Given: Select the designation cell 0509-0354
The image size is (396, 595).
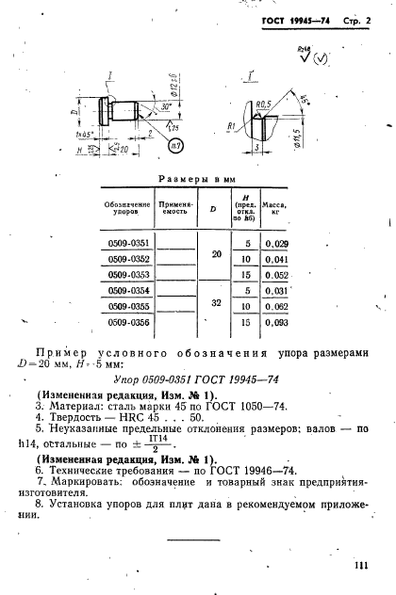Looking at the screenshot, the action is pos(124,291).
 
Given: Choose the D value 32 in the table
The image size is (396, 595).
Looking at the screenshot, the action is pos(215,306).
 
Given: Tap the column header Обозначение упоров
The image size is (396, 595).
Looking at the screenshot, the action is pos(124,211).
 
